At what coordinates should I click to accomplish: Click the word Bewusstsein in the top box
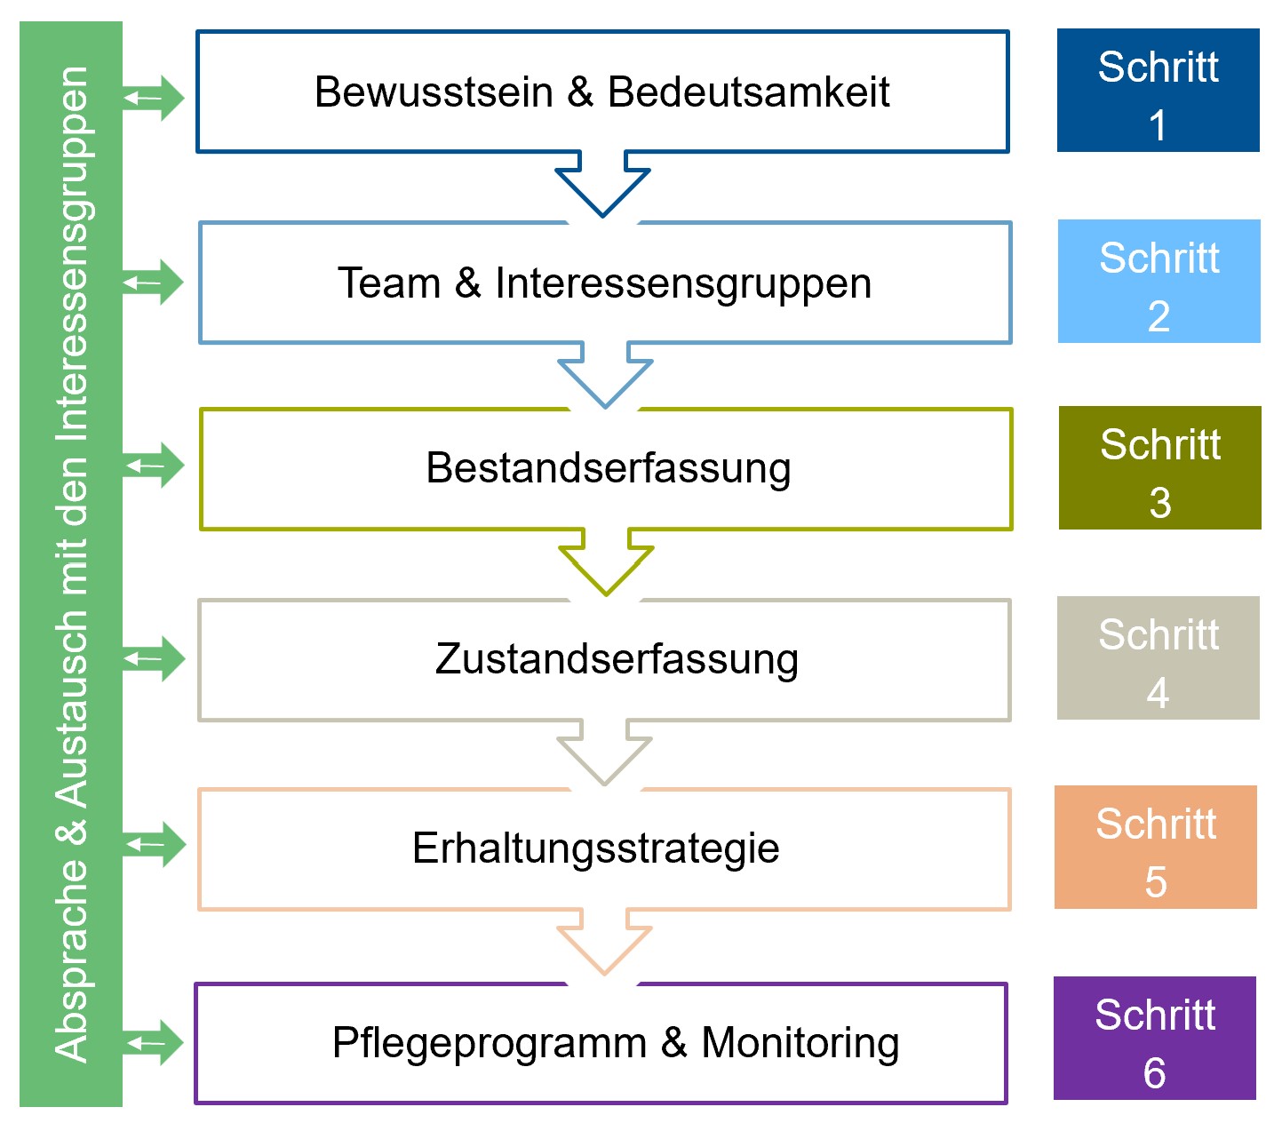434,92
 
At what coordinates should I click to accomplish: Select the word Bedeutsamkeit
748,92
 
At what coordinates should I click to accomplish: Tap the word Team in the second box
389,284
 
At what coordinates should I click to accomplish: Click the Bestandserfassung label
608,468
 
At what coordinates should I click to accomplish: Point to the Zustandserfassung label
617,659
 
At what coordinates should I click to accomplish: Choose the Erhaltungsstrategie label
595,848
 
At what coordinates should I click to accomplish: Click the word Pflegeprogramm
489,1043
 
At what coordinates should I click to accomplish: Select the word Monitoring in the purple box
800,1043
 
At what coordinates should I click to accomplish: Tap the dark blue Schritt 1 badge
1158,91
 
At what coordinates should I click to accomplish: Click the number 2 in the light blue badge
1159,317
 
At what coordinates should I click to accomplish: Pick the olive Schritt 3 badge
1159,468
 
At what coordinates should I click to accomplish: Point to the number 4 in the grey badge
1158,694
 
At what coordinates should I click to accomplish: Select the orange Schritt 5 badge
1155,848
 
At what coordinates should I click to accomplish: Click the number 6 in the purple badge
1154,1074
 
